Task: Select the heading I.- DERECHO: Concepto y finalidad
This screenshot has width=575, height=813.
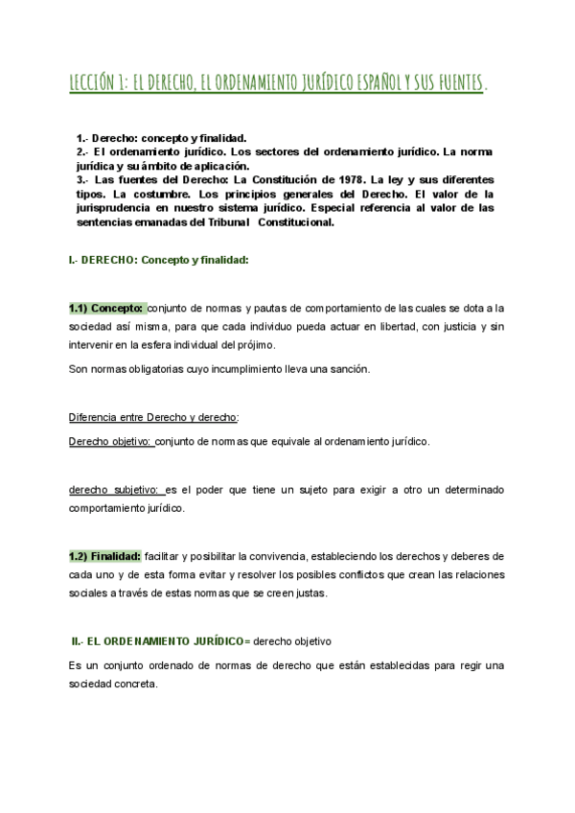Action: tap(158, 259)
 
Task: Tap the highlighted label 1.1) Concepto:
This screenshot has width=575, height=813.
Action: tap(106, 308)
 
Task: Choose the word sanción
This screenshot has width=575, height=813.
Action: tap(338, 369)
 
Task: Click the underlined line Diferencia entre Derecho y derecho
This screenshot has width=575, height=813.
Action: tap(154, 417)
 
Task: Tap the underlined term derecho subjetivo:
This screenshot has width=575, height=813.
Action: tap(115, 490)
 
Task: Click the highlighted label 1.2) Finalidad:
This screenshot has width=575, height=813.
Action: tap(105, 556)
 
